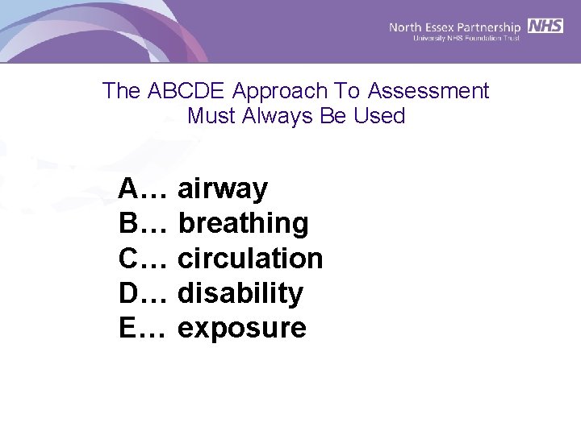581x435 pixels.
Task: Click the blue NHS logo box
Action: [545, 26]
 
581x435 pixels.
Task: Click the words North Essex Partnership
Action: [455, 27]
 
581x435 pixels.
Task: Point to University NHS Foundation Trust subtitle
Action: [466, 38]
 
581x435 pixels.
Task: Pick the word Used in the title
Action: [379, 116]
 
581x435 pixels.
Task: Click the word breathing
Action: [243, 224]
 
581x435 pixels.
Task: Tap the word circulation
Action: [250, 259]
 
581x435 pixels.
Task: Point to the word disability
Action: [240, 293]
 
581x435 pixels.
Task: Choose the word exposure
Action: [242, 329]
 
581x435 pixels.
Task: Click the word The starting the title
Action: [122, 91]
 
